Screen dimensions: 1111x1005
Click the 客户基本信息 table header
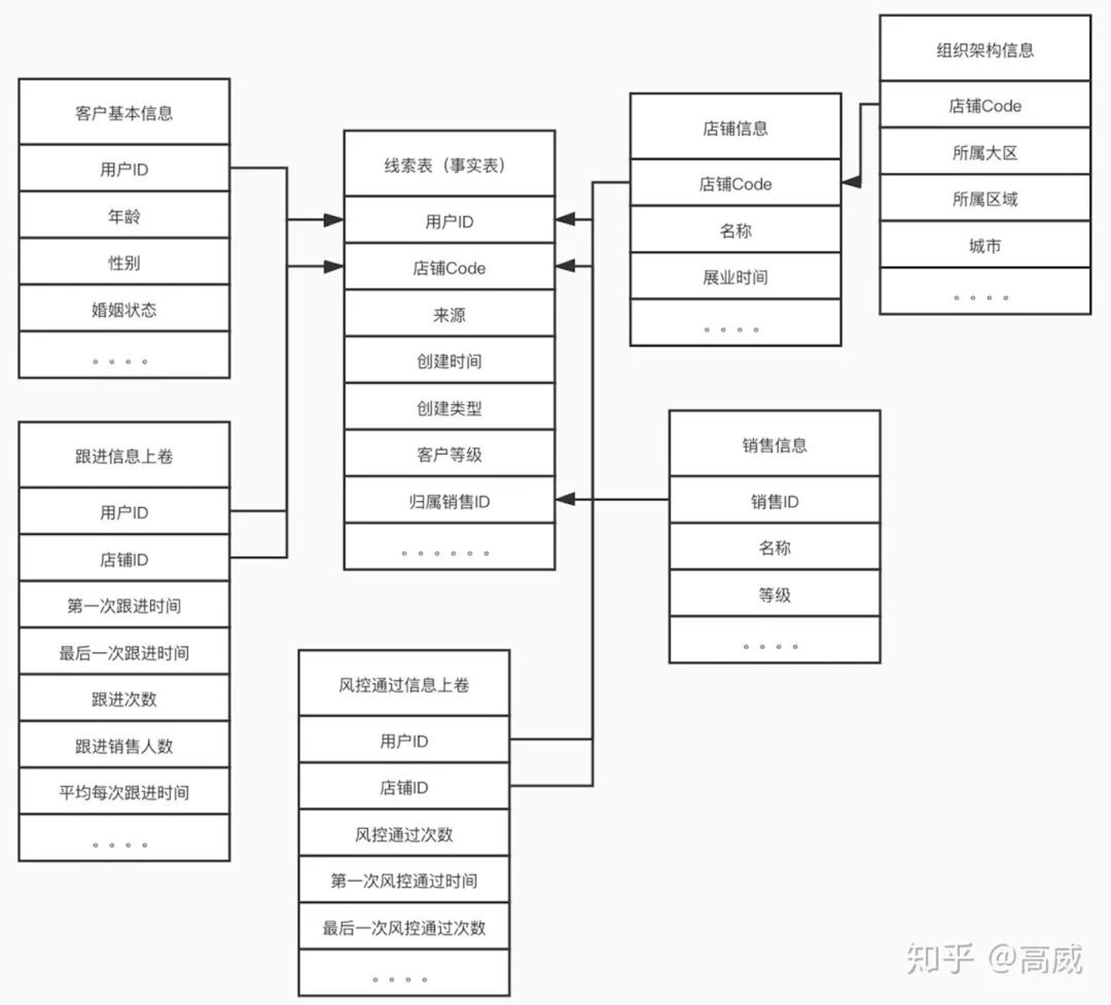[124, 112]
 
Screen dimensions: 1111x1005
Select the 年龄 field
[124, 215]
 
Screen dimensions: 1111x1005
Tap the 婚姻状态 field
[124, 308]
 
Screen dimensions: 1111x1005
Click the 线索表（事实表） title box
[449, 164]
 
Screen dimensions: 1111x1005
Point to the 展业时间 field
[735, 276]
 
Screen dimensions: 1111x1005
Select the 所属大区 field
[985, 152]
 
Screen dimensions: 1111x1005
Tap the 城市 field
[985, 245]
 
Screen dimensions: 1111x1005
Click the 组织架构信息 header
[985, 48]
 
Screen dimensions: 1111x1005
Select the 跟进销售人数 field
[124, 745]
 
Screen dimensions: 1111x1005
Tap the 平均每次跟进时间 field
[124, 792]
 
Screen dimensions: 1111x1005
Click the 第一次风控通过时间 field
[404, 879]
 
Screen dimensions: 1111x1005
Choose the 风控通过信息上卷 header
[404, 683]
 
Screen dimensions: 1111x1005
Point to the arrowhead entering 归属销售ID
[565, 499]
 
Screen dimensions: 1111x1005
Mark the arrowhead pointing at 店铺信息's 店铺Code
[851, 182]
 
